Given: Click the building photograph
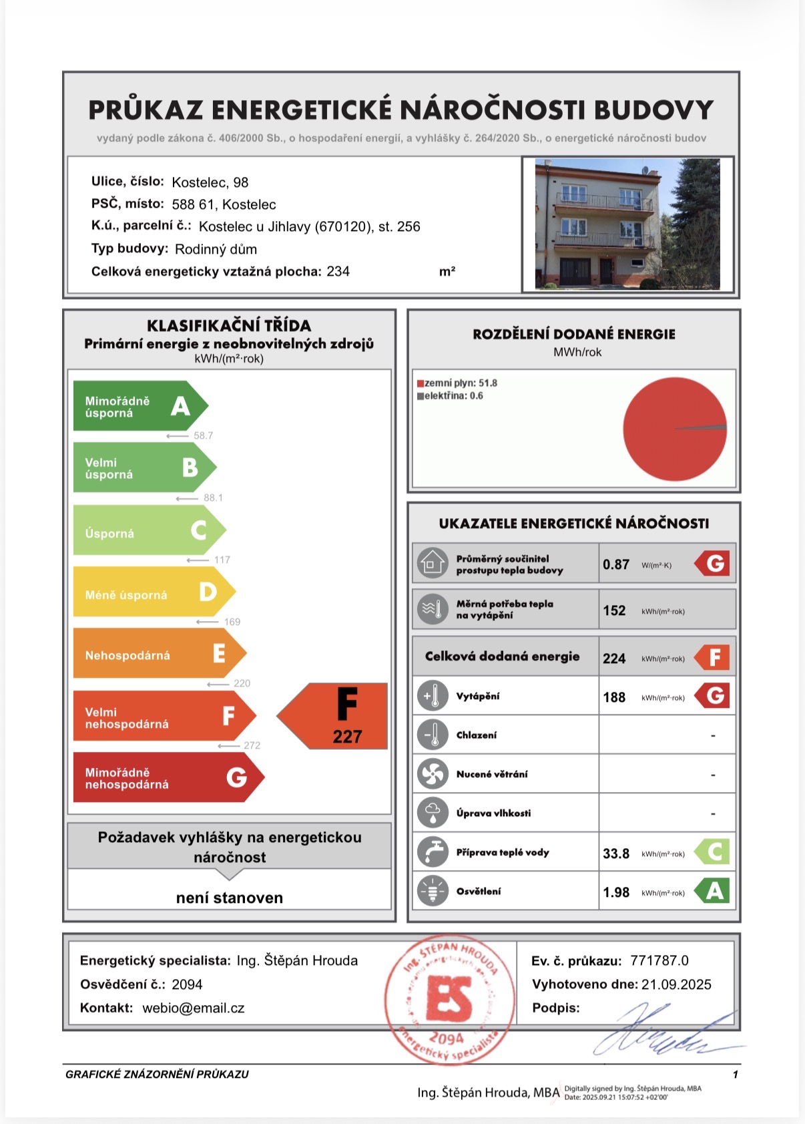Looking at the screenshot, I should pyautogui.click(x=627, y=224).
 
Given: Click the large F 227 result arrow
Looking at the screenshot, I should pyautogui.click(x=337, y=716).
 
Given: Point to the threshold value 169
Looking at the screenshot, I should pyautogui.click(x=232, y=622).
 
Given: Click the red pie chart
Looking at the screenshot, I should pyautogui.click(x=674, y=429).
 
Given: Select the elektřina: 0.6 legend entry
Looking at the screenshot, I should pyautogui.click(x=450, y=396).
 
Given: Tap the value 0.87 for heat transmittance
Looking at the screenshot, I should pyautogui.click(x=615, y=565).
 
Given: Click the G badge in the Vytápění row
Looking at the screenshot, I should pyautogui.click(x=713, y=696).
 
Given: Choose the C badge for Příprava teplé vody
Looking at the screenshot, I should pyautogui.click(x=713, y=852).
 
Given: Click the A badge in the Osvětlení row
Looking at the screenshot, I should pyautogui.click(x=713, y=891).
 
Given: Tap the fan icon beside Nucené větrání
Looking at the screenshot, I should pyautogui.click(x=433, y=774).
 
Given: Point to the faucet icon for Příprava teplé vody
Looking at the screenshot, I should pyautogui.click(x=433, y=852).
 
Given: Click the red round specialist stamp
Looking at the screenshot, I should pyautogui.click(x=450, y=999).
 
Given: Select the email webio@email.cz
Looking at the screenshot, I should pyautogui.click(x=194, y=1008).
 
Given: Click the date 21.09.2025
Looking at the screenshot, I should pyautogui.click(x=676, y=984).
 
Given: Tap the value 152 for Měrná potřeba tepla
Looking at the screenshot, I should pyautogui.click(x=614, y=611).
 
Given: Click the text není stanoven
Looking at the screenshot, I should pyautogui.click(x=229, y=898).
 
